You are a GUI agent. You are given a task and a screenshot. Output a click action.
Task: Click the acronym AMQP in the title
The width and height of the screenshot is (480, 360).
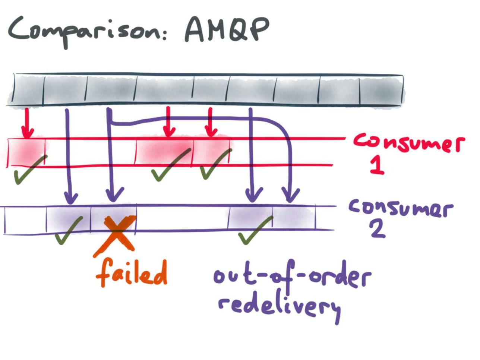pos(227,29)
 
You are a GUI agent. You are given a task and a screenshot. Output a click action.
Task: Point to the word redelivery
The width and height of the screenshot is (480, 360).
pos(280,307)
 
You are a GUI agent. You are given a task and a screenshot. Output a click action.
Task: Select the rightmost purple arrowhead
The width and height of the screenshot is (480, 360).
pos(290,195)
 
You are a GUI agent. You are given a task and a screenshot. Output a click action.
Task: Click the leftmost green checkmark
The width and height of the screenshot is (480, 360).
pos(29,170)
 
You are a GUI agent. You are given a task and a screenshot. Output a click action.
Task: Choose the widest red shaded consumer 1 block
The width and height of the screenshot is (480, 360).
pos(164,151)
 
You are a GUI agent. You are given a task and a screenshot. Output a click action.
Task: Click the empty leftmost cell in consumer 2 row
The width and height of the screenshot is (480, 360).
pos(25,220)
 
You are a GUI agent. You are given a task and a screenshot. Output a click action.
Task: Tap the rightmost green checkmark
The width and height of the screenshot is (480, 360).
pos(255,230)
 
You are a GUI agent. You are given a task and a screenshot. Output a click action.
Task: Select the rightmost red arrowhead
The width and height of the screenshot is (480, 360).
pos(211,132)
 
